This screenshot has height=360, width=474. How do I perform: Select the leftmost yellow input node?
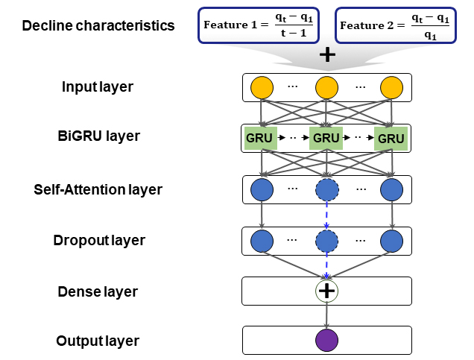(262, 88)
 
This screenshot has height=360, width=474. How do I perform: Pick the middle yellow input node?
(326, 88)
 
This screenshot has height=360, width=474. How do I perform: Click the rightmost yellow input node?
(391, 88)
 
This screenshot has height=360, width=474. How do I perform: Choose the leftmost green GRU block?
(260, 139)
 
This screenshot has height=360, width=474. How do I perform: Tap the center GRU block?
(326, 139)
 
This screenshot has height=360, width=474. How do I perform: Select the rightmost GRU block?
(391, 139)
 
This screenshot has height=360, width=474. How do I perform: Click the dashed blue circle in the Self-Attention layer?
(326, 190)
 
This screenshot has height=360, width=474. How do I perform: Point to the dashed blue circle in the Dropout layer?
(326, 241)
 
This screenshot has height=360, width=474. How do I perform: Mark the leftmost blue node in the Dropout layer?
(262, 241)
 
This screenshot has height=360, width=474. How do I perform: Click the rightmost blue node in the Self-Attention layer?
(391, 190)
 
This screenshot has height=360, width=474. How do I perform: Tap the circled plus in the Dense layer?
(326, 291)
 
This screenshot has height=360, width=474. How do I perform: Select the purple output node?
(326, 341)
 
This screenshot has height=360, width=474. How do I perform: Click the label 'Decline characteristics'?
(98, 26)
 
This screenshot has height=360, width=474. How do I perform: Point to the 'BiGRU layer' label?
(98, 137)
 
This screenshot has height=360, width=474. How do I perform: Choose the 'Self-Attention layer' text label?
(98, 189)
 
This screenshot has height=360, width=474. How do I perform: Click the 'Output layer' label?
(98, 341)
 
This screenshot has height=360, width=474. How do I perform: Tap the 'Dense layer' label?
(98, 291)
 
